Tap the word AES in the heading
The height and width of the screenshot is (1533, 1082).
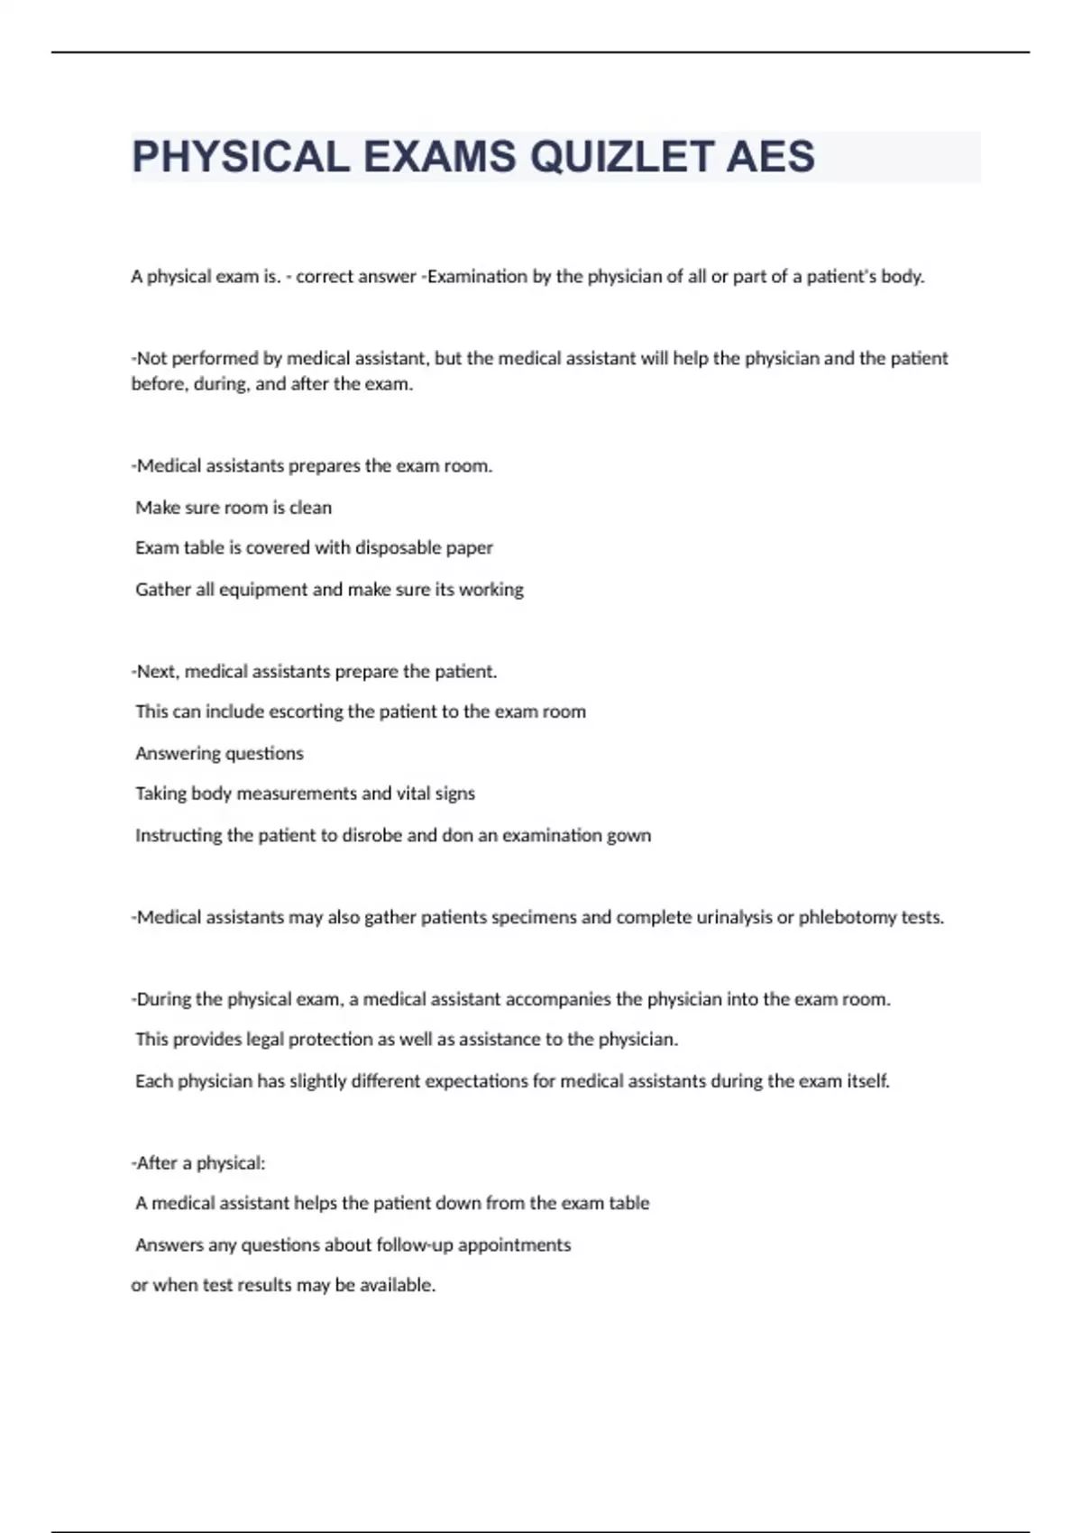[770, 157]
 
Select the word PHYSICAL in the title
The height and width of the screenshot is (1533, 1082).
[241, 157]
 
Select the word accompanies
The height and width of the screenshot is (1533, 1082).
[558, 999]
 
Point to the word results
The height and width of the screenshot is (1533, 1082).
[264, 1285]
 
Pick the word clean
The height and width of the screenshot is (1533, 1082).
[310, 507]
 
